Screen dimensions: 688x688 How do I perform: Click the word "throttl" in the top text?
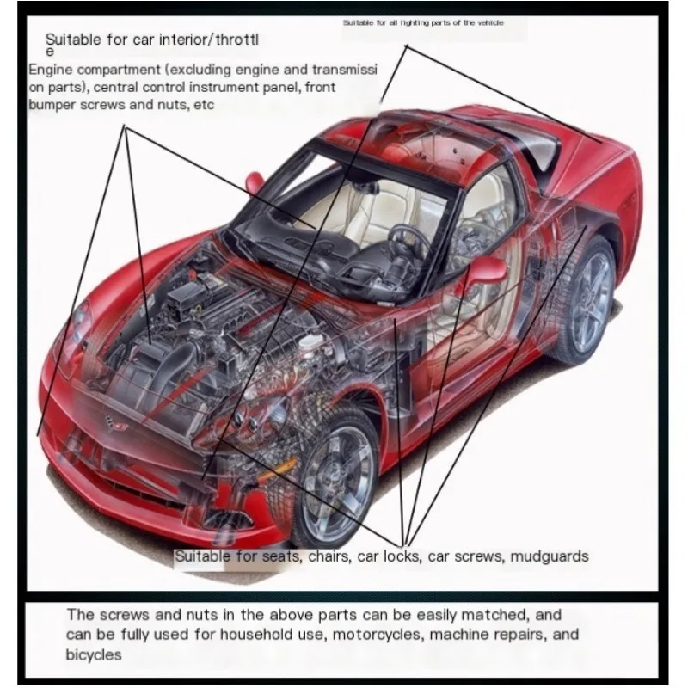click(x=235, y=39)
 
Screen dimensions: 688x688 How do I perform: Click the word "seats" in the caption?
click(x=282, y=556)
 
